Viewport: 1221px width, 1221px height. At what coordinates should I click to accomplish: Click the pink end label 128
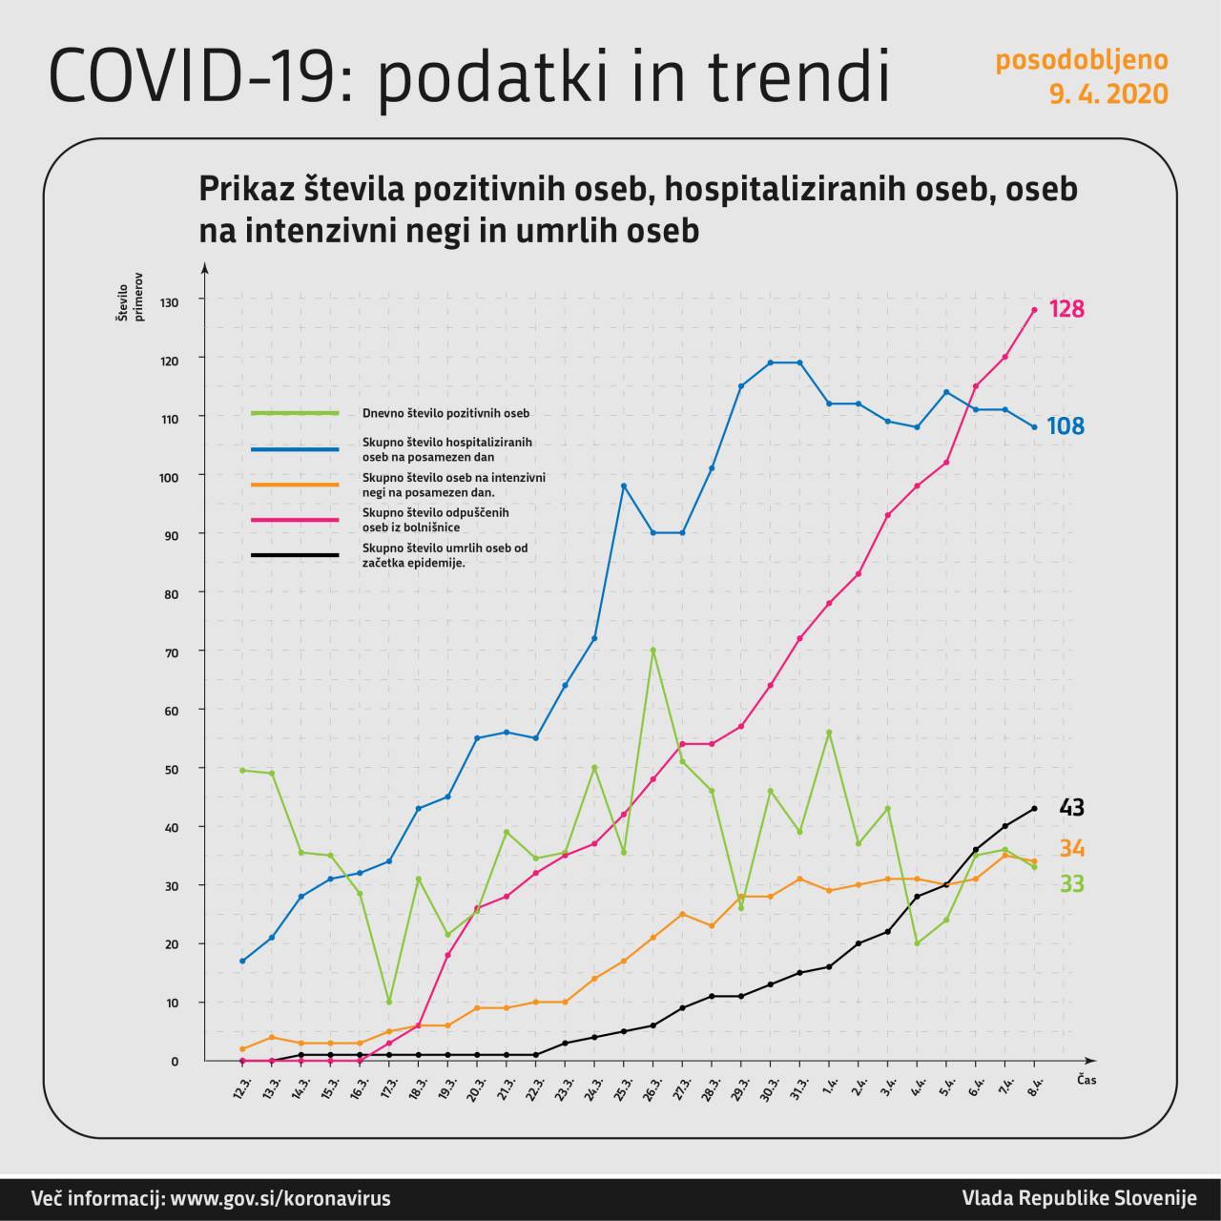(x=1066, y=309)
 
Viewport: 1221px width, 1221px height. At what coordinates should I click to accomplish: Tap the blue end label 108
(x=1066, y=426)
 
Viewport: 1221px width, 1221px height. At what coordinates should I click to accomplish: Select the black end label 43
(x=1071, y=808)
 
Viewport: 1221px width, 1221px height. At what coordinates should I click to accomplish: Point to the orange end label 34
(x=1071, y=849)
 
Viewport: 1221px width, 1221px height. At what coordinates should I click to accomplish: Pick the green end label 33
(x=1071, y=884)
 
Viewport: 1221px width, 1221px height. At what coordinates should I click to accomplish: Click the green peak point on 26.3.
(x=652, y=650)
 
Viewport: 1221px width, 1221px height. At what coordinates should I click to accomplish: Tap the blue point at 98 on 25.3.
(x=623, y=486)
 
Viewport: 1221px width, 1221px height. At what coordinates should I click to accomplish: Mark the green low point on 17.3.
(x=388, y=1002)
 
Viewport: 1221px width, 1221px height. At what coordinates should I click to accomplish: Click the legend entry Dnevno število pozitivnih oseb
(x=445, y=413)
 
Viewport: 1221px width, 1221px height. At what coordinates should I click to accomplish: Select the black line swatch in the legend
(x=295, y=555)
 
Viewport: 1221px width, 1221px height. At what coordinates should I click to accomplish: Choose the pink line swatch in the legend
(x=295, y=520)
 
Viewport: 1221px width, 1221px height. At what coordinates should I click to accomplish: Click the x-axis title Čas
(x=1086, y=1080)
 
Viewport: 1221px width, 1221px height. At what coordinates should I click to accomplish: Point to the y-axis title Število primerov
(x=129, y=298)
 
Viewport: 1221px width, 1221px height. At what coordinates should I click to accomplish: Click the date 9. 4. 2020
(x=1108, y=93)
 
